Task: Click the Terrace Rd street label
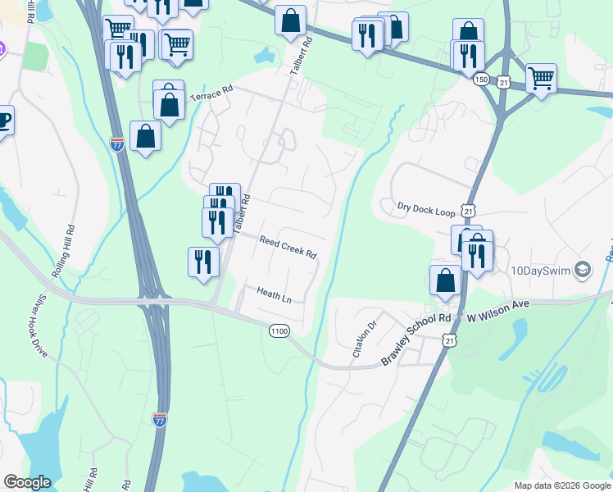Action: [211, 95]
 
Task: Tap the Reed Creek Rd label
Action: [288, 247]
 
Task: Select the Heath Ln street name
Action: [274, 294]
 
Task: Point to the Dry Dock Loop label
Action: [425, 210]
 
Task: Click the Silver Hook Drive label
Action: [41, 325]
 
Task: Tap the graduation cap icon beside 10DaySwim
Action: [583, 269]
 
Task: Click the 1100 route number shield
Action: [279, 329]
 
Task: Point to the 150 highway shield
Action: [482, 78]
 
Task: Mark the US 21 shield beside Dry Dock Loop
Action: [468, 211]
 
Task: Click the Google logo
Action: [27, 482]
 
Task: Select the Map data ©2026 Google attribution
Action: [561, 485]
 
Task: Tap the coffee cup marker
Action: [2, 121]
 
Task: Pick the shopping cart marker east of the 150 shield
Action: [541, 78]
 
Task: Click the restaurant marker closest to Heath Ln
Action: [203, 262]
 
